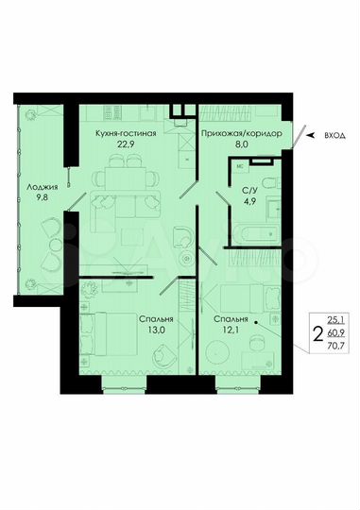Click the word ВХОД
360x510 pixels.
[x=334, y=136]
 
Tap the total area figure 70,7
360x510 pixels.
[x=336, y=347]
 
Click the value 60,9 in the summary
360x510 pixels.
[x=336, y=334]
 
